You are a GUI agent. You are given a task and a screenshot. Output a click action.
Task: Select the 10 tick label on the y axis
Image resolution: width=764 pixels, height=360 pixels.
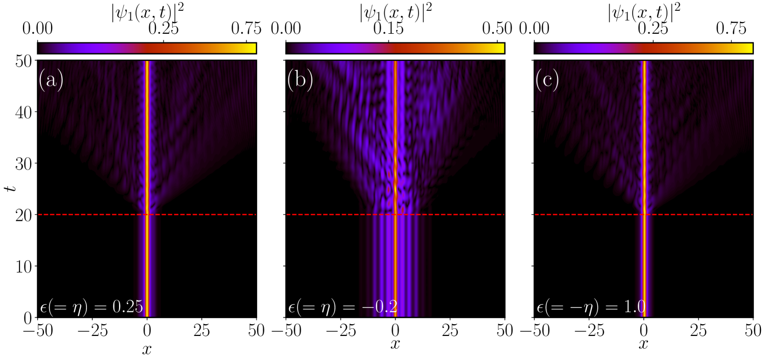[25, 266]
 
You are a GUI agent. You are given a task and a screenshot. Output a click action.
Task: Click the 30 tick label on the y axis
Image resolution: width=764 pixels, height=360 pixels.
[25, 164]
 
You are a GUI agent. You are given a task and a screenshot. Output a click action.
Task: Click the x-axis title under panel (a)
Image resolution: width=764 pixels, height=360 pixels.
[147, 349]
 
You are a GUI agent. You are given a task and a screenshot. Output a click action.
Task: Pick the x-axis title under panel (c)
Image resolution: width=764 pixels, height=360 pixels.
[643, 344]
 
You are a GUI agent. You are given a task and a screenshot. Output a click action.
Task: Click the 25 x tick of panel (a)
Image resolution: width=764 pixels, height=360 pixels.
[201, 330]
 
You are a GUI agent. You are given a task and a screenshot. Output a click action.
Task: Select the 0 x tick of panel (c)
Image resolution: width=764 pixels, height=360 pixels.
[643, 330]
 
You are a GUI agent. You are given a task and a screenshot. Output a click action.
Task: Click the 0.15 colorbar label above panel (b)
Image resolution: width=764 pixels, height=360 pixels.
[388, 29]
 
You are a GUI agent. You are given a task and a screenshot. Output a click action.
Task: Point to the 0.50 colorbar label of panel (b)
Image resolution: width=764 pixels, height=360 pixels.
[497, 29]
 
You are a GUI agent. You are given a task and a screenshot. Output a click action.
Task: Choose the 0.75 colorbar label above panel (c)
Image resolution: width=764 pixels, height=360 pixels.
[731, 29]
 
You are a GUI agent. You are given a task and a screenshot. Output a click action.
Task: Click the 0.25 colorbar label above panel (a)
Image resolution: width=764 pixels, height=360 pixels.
[164, 29]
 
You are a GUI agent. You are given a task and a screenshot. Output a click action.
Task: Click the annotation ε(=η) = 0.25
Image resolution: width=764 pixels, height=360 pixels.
[91, 307]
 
